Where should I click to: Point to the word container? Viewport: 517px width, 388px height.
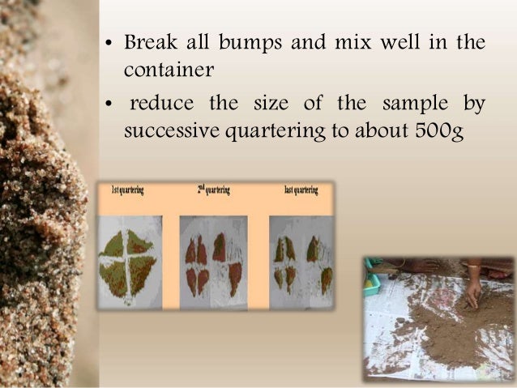[x=169, y=70]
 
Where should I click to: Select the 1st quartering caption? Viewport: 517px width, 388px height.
[x=127, y=190]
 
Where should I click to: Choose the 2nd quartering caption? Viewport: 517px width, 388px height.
[x=213, y=190]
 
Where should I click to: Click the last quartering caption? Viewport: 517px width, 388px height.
[x=301, y=190]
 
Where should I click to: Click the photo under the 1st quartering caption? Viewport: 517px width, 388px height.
[x=129, y=262]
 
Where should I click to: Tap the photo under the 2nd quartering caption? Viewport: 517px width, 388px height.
[x=213, y=262]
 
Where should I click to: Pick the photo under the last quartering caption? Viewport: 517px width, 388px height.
[x=301, y=262]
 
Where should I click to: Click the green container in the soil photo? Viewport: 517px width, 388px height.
[x=373, y=281]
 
